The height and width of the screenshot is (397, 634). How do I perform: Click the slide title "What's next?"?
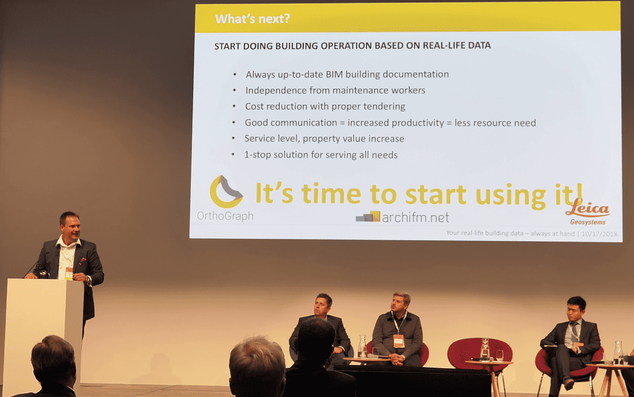click(x=252, y=19)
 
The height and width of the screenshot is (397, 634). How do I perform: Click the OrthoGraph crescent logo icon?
click(x=226, y=191)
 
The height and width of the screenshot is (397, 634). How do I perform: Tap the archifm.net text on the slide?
click(x=415, y=218)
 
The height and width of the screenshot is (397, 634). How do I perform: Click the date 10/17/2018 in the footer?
click(x=599, y=233)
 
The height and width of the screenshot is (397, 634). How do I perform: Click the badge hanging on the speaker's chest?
click(x=69, y=273)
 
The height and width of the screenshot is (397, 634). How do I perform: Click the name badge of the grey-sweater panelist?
click(x=399, y=341)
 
